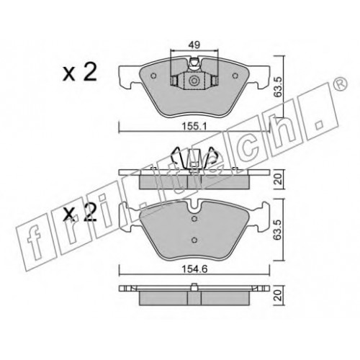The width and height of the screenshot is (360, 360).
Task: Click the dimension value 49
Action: coord(194,45)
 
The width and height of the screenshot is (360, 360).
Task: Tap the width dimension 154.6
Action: coord(194,269)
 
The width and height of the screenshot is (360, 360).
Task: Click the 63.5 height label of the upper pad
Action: coord(279,87)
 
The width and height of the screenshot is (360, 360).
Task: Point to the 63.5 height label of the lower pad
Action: coord(279,230)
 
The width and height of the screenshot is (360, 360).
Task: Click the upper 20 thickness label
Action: coord(279,179)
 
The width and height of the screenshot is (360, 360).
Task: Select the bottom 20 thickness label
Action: coord(279,295)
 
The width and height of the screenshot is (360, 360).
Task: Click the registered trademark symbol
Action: coord(341,84)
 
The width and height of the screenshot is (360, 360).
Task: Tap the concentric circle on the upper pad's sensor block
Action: coord(194,81)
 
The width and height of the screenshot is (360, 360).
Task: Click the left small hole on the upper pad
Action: coord(153,76)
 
